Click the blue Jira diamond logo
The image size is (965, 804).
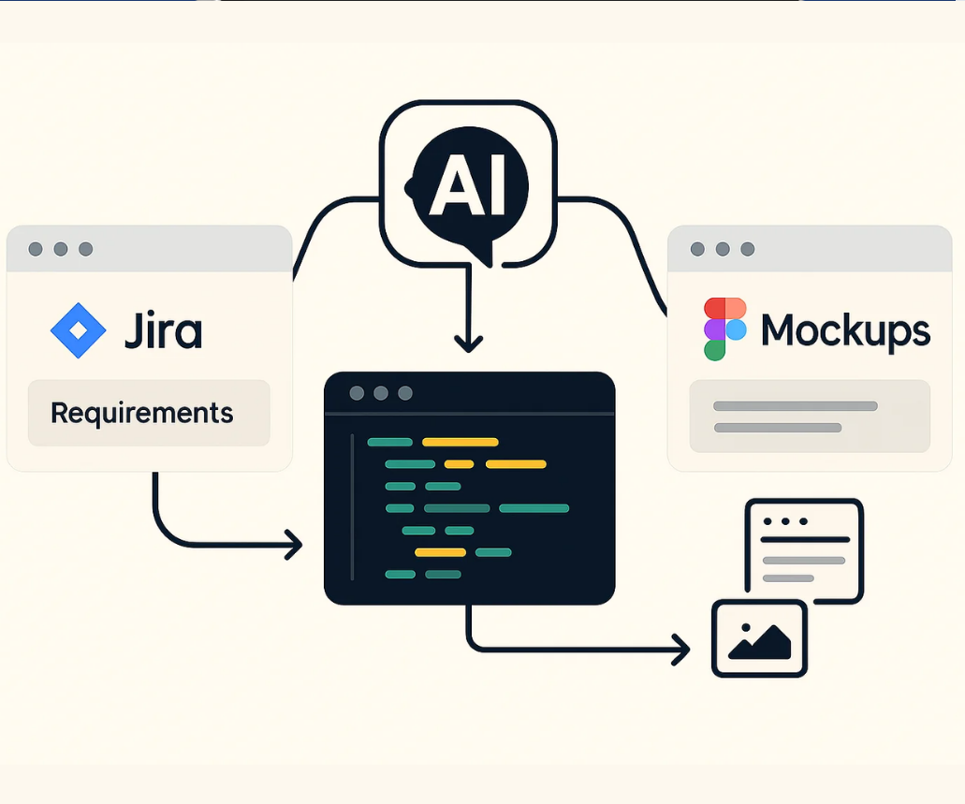pyautogui.click(x=79, y=330)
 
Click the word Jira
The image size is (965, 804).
pyautogui.click(x=163, y=330)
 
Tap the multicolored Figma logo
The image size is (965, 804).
pyautogui.click(x=725, y=329)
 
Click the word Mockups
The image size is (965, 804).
pyautogui.click(x=845, y=329)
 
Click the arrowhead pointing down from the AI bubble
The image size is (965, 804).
pyautogui.click(x=468, y=343)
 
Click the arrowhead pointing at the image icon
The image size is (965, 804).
pyautogui.click(x=680, y=648)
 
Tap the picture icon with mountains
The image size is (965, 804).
pyautogui.click(x=759, y=638)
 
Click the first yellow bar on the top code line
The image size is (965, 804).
pyautogui.click(x=460, y=442)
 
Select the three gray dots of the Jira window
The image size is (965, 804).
pyautogui.click(x=61, y=249)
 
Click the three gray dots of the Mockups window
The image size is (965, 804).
pyautogui.click(x=722, y=249)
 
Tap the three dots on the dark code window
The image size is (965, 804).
pyautogui.click(x=381, y=393)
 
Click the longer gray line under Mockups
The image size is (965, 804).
pyautogui.click(x=795, y=406)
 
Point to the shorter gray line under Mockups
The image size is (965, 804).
pyautogui.click(x=777, y=428)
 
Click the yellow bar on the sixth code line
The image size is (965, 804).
pyautogui.click(x=440, y=552)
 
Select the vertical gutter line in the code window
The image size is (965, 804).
pyautogui.click(x=353, y=506)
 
